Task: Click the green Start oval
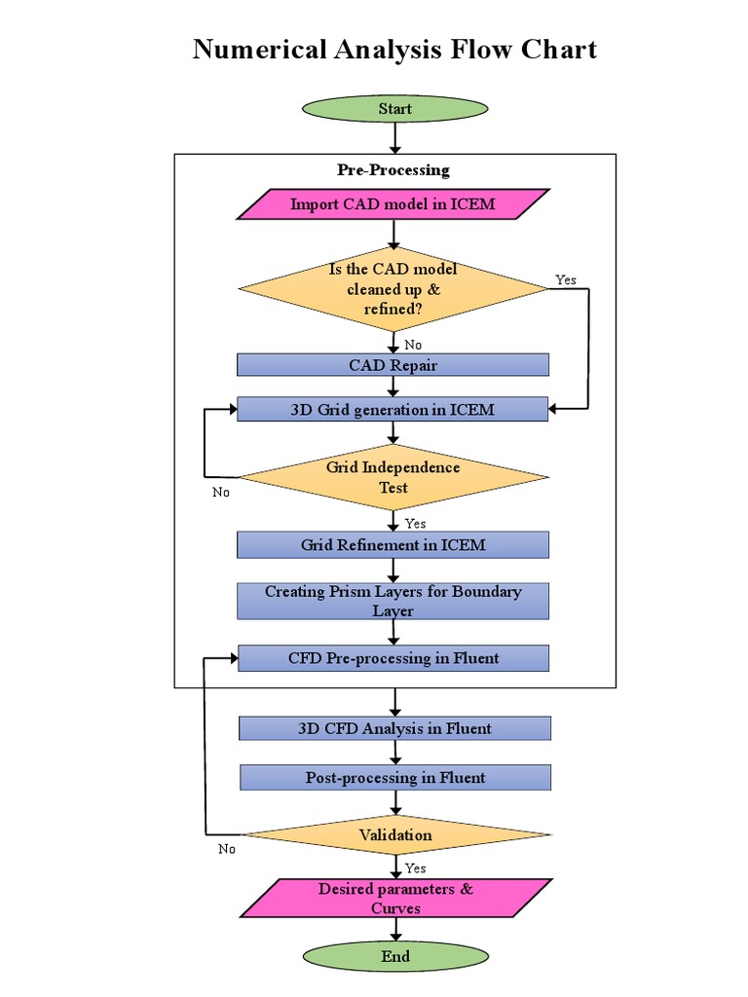coord(394,109)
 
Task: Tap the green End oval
coord(394,956)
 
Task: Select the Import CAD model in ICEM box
coord(393,203)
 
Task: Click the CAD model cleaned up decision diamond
coord(393,289)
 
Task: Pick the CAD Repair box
coord(393,365)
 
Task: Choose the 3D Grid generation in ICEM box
coord(393,410)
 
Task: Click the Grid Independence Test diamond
coord(393,477)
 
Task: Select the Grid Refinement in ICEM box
coord(393,545)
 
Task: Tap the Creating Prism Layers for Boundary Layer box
coord(393,601)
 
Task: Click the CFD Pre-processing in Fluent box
coord(393,658)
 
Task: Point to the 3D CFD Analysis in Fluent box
coord(394,728)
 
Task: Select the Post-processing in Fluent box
coord(394,778)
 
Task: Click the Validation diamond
coord(394,834)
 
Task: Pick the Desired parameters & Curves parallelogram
coord(395,898)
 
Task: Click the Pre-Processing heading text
coord(393,169)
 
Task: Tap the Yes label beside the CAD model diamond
coord(566,279)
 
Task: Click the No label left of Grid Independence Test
coord(221,492)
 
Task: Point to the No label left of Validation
coord(227,849)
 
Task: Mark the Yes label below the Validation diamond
coord(415,868)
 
